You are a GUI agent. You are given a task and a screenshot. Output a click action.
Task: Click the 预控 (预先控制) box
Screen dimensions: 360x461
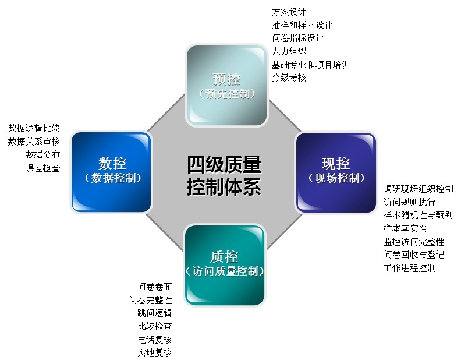226,85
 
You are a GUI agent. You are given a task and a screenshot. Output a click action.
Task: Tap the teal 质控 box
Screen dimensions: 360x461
225,264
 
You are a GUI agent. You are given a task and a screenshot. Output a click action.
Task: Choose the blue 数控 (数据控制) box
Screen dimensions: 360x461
112,171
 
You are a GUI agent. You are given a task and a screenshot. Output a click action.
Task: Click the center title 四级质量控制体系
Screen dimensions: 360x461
224,175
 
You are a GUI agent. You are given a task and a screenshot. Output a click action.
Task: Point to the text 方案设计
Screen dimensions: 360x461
289,12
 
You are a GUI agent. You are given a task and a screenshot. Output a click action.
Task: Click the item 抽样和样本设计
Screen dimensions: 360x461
302,25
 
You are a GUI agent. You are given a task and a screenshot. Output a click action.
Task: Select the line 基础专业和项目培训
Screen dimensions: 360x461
310,64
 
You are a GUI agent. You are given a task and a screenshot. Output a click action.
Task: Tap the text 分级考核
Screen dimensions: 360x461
289,77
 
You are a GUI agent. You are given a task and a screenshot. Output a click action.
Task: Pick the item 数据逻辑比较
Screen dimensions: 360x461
34,128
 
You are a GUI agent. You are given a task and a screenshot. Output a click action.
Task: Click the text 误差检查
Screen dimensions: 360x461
42,168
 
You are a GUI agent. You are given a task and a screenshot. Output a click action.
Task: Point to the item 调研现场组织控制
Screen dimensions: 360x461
418,189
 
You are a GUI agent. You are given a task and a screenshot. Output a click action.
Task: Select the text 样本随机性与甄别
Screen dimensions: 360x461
418,215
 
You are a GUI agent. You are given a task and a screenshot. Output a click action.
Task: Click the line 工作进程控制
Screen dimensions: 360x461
409,268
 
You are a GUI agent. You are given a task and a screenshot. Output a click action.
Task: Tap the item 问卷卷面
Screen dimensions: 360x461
155,287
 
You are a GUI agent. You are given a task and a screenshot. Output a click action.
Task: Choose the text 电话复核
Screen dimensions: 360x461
155,339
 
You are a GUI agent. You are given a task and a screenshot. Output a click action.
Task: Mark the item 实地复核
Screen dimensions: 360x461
155,352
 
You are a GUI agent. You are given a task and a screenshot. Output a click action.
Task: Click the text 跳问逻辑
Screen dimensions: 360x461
155,313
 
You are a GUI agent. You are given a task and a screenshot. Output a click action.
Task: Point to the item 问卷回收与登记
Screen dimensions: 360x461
414,255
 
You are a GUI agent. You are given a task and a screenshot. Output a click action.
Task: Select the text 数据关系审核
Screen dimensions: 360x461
34,142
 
